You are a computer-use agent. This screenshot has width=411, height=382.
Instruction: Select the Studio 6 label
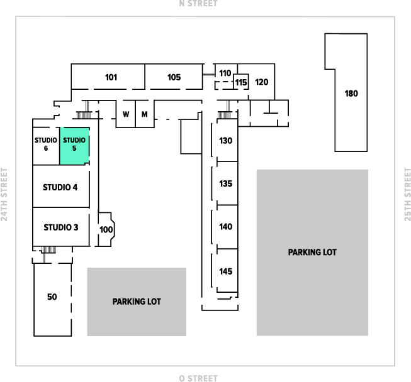tap(46, 145)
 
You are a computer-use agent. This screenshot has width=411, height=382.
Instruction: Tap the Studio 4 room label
tap(60, 187)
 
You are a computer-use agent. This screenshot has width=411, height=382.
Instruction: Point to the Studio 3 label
tap(60, 226)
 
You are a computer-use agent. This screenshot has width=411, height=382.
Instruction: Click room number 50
tap(52, 297)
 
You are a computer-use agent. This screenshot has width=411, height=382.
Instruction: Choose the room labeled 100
tap(106, 230)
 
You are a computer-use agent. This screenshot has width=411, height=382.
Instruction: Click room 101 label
tap(111, 77)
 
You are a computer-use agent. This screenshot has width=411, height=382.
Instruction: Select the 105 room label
tap(174, 77)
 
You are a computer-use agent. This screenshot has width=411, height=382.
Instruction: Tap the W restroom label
tap(126, 114)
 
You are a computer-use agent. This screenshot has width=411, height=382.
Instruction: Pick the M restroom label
tap(144, 114)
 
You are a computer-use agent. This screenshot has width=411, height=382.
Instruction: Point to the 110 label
tap(225, 73)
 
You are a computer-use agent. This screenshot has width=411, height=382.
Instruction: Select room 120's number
tap(262, 82)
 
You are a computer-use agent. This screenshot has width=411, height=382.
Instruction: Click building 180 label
tap(351, 94)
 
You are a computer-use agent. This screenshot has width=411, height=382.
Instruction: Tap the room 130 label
tap(226, 140)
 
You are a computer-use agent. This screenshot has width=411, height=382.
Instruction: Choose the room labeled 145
tap(226, 271)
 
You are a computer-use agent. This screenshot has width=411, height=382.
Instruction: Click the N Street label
tap(198, 4)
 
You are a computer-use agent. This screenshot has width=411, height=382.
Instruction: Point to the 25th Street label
tap(407, 195)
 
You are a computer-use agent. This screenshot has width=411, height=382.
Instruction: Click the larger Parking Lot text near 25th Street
tap(312, 252)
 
